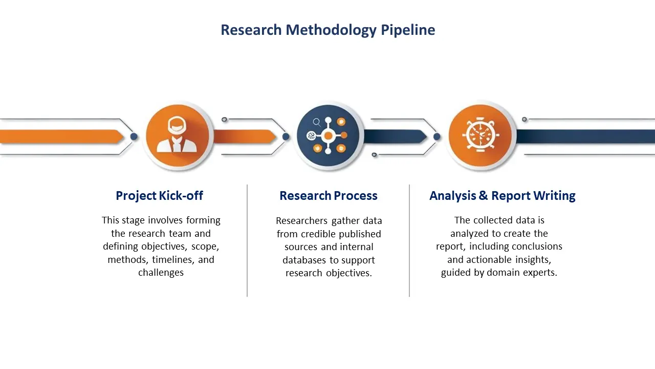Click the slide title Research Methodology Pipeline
[x=327, y=30]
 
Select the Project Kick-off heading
[x=159, y=196]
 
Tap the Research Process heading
[x=328, y=196]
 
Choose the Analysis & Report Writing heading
[x=502, y=196]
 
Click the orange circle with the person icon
[x=178, y=136]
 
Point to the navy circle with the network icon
[x=329, y=136]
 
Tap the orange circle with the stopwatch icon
[x=481, y=136]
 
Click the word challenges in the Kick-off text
[x=161, y=273]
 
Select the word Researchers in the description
[x=302, y=221]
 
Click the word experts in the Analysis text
[x=540, y=273]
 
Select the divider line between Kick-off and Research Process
[x=247, y=240]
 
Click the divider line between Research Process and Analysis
[x=409, y=240]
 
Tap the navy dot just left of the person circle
[x=134, y=137]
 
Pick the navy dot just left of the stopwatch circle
[x=437, y=137]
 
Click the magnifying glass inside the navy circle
[x=317, y=122]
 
